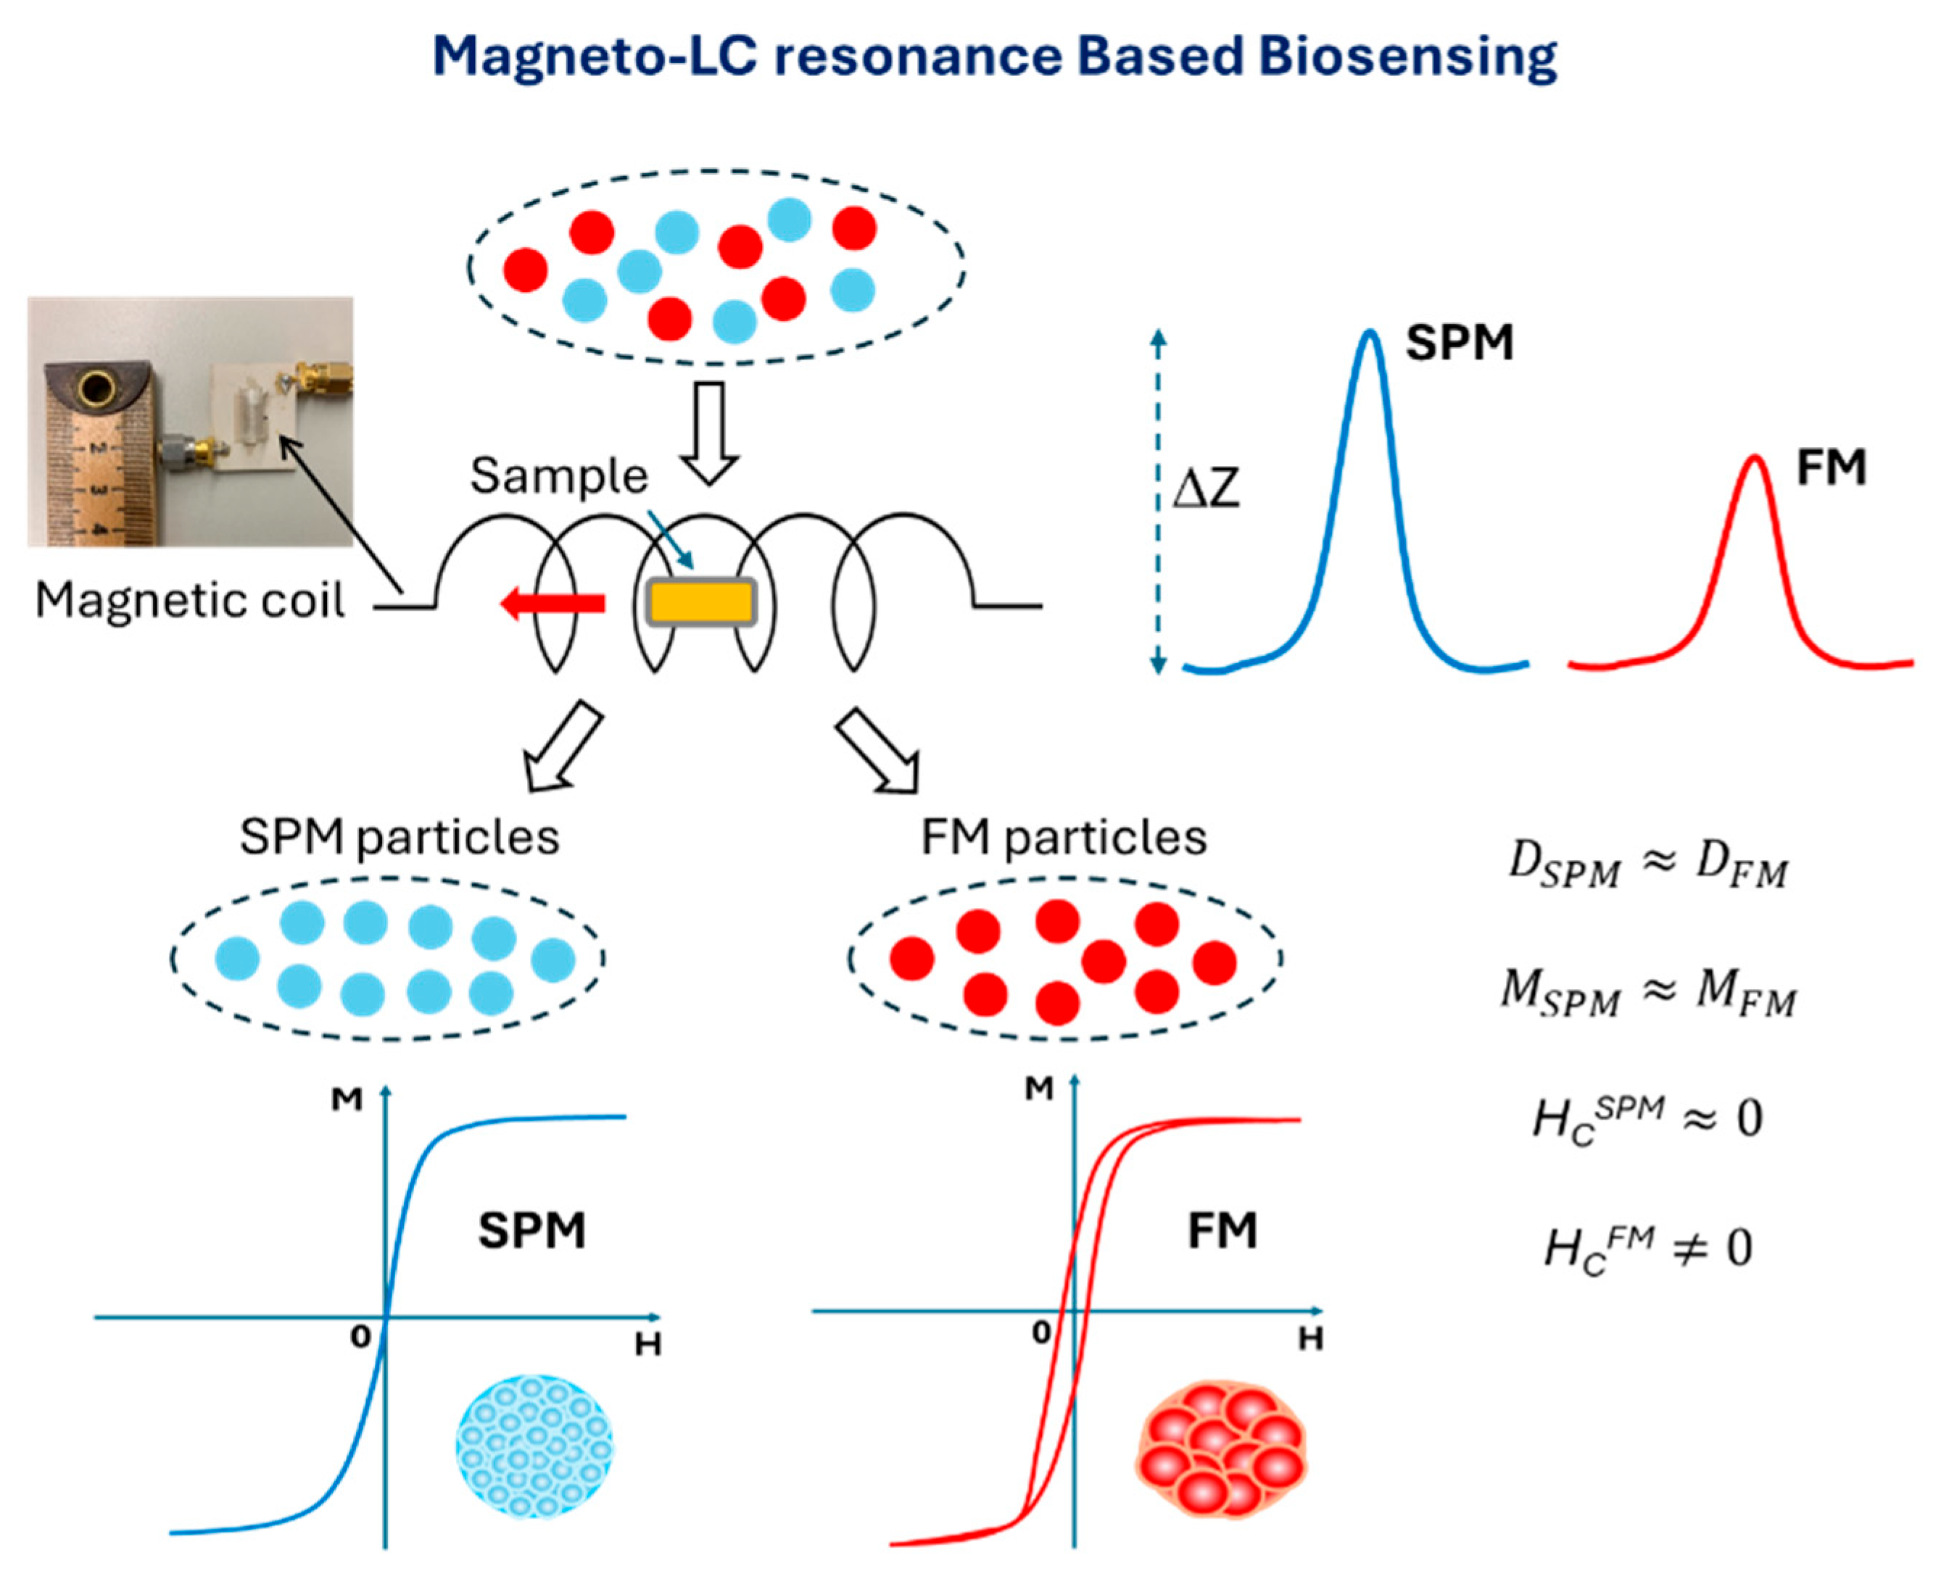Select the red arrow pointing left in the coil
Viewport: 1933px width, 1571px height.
[553, 603]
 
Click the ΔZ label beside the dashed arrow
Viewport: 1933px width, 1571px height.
[1205, 490]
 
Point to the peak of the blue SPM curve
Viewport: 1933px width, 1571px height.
[1370, 335]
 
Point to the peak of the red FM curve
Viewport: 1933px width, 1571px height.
[1755, 458]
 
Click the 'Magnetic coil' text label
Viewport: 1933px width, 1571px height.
[189, 600]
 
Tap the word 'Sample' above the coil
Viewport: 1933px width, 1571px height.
[558, 476]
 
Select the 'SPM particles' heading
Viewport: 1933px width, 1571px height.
[398, 837]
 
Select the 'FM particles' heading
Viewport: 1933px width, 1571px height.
[1063, 837]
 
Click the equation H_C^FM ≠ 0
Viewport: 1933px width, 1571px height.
[1648, 1249]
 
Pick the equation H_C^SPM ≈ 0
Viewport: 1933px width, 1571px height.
[1648, 1120]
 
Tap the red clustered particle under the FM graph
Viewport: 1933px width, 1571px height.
[1220, 1449]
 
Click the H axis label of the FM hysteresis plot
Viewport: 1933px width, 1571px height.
[1310, 1338]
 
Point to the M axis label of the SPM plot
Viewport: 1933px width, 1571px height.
[346, 1099]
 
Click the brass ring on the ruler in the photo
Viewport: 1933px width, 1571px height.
[94, 391]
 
